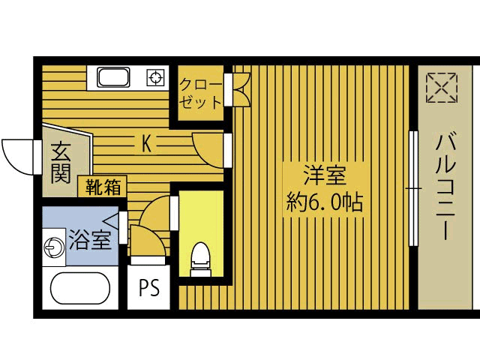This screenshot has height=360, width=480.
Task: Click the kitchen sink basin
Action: (x=115, y=76)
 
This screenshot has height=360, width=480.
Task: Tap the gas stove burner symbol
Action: (x=155, y=76)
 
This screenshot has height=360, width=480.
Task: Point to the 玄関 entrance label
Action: (x=61, y=163)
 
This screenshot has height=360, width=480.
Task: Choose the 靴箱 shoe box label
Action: (x=103, y=187)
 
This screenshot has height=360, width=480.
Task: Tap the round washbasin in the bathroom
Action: (x=54, y=247)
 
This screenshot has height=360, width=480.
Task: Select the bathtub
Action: (x=79, y=289)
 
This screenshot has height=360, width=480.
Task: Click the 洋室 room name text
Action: (x=324, y=178)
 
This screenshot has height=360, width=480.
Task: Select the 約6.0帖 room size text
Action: (x=324, y=202)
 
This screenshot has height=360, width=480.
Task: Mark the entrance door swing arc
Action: (x=16, y=154)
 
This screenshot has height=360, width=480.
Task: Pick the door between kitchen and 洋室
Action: (x=211, y=148)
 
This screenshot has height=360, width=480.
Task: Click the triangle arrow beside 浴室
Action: (x=112, y=220)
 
